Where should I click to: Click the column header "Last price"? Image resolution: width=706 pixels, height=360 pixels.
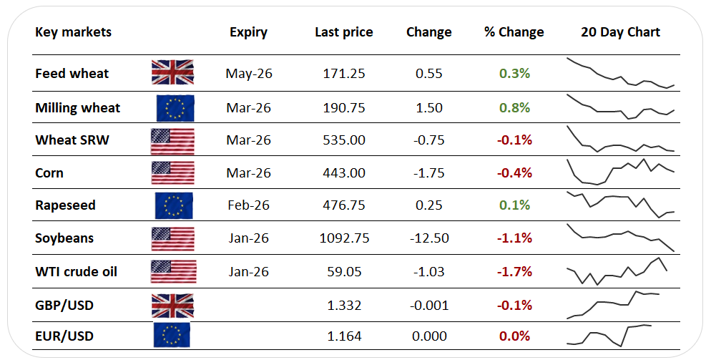coord(344,32)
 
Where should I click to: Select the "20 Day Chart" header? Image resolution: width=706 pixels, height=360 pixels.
coord(620,32)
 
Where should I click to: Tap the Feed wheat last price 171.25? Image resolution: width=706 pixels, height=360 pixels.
coord(344,74)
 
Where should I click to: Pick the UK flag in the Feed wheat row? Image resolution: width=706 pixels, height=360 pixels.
coord(173,72)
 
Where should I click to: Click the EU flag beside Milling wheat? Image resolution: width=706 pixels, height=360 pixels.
coord(175,108)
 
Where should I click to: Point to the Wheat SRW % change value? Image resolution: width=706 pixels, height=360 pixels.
coord(514,140)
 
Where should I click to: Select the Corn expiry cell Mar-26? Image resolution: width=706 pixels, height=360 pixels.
coord(248,173)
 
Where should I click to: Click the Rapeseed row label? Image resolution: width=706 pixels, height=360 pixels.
coord(65,205)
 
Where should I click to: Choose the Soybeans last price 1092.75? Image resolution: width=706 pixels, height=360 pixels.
coord(345,238)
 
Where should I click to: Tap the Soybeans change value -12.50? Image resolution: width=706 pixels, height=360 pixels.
coord(429,238)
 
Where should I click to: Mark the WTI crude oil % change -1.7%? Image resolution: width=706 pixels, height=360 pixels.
coord(514,272)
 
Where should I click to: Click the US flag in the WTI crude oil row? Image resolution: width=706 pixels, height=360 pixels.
coord(173,272)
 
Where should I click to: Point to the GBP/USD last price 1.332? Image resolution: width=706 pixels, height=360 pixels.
coord(344,306)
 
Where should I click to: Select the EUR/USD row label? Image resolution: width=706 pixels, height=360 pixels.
coord(64,336)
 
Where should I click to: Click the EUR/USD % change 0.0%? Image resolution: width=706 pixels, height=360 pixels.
coord(514,336)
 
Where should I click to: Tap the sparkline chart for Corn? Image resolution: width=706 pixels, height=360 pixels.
coord(621,172)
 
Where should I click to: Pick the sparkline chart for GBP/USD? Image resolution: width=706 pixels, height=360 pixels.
coord(613,305)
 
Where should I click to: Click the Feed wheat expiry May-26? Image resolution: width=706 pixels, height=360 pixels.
coord(249,74)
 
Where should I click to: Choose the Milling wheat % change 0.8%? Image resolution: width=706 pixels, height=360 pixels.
coord(514,108)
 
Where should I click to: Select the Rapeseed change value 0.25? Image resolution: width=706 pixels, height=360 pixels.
coord(429,205)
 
